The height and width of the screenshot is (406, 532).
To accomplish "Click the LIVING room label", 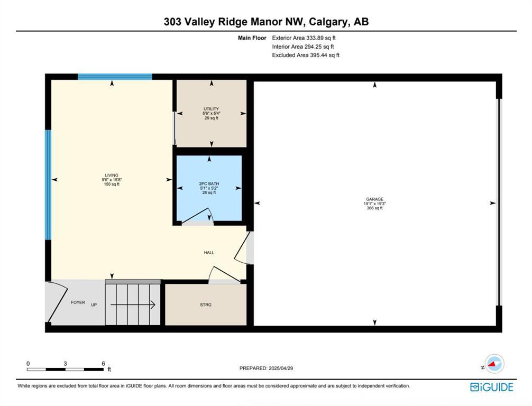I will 112,176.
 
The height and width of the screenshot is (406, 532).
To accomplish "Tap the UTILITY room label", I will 211,109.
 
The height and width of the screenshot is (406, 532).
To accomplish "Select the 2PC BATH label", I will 209,183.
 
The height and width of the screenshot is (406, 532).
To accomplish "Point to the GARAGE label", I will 374,199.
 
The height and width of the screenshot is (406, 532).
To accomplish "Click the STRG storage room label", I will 206,305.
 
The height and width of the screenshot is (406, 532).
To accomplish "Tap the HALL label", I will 209,253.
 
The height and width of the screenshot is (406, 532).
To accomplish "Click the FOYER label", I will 78,302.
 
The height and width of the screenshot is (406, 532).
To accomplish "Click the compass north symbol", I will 494,364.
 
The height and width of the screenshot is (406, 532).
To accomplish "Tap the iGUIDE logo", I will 491,387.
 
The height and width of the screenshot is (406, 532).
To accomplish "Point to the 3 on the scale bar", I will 65,363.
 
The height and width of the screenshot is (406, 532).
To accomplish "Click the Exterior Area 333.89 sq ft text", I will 304,38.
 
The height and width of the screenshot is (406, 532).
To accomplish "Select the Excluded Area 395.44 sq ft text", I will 306,55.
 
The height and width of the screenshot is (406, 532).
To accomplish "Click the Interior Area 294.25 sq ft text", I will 302,47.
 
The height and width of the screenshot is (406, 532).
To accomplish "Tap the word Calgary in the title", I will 326,22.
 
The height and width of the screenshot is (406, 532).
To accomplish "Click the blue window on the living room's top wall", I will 115,77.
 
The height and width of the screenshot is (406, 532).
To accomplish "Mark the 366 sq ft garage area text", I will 374,208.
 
